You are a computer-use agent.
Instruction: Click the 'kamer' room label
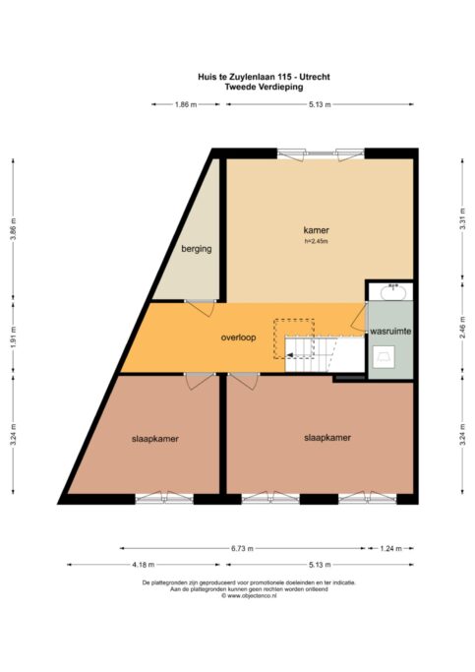click(316, 230)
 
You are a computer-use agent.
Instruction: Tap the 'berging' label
click(196, 249)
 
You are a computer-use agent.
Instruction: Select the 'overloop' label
click(238, 337)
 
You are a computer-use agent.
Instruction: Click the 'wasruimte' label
click(390, 332)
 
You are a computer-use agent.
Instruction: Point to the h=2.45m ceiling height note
click(316, 241)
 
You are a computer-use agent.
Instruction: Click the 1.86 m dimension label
click(186, 104)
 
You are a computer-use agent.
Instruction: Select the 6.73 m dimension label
click(243, 548)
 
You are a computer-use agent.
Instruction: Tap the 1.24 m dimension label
click(390, 548)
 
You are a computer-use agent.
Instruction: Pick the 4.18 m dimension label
click(144, 565)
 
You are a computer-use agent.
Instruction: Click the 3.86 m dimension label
click(13, 229)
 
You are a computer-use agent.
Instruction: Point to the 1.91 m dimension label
click(13, 337)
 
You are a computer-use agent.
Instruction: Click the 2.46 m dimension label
click(462, 328)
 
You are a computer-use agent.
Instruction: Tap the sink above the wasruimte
click(392, 292)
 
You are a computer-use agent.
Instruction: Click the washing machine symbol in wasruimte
click(384, 357)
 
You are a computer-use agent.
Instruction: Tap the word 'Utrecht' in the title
click(315, 77)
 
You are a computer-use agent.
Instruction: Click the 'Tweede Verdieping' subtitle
click(264, 87)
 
